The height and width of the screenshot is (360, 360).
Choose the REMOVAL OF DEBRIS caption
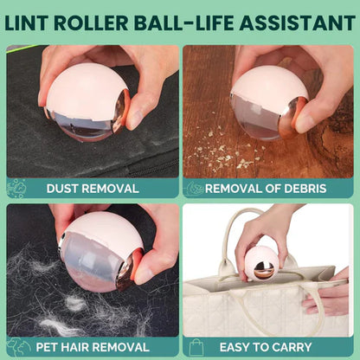[x=274, y=188]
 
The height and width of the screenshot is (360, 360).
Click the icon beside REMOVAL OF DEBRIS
[x=194, y=188]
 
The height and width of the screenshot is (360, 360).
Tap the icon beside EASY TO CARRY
[x=194, y=347]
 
